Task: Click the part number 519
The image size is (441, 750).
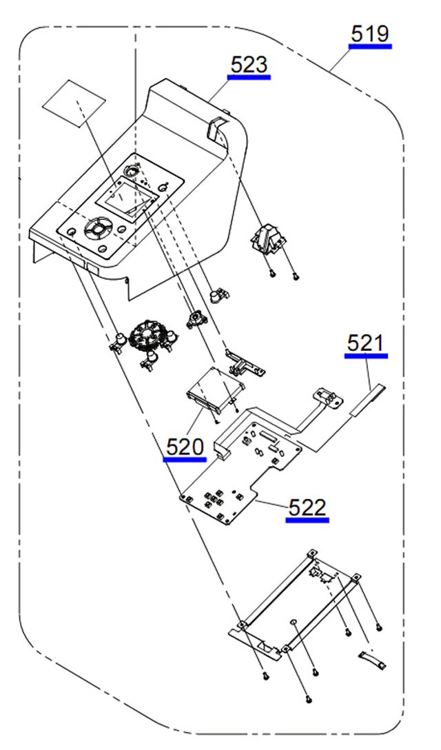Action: [x=370, y=33]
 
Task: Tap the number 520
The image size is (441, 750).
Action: [x=185, y=447]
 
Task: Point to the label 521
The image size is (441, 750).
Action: [x=366, y=343]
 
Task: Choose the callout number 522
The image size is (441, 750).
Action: [x=307, y=508]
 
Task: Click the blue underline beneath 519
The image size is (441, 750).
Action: [x=370, y=46]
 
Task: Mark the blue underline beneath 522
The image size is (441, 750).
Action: [x=307, y=520]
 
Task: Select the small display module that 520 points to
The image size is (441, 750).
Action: [x=213, y=385]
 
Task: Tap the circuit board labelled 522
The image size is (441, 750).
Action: [x=241, y=469]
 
